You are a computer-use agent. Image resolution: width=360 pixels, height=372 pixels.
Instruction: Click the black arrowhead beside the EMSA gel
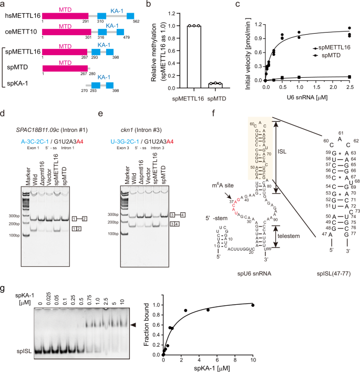[x=134, y=326]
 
